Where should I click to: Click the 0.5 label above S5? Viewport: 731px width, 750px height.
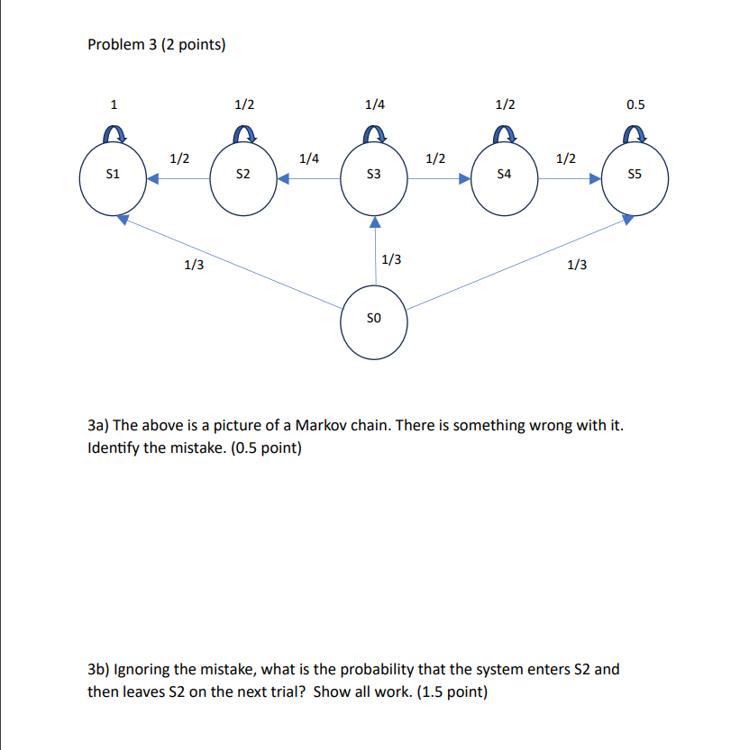tap(635, 104)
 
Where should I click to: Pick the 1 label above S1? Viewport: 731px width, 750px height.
tap(113, 104)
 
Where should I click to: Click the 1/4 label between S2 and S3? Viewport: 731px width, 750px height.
tap(309, 158)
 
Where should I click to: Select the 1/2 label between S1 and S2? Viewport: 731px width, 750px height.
tap(179, 158)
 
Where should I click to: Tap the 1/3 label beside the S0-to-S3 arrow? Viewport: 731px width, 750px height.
tap(391, 260)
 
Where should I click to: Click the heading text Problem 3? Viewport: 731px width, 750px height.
tap(156, 44)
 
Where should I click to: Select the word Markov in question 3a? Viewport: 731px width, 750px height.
tap(325, 426)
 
